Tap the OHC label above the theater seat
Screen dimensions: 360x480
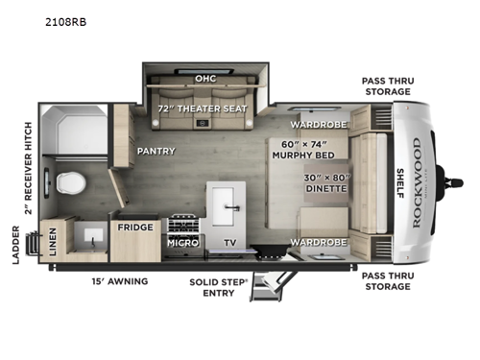204,79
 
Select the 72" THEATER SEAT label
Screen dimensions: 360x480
204,108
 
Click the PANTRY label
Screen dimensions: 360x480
155,151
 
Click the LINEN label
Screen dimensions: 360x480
52,243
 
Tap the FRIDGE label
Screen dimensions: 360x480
131,228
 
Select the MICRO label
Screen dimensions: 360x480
183,243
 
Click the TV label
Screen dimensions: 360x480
229,243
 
